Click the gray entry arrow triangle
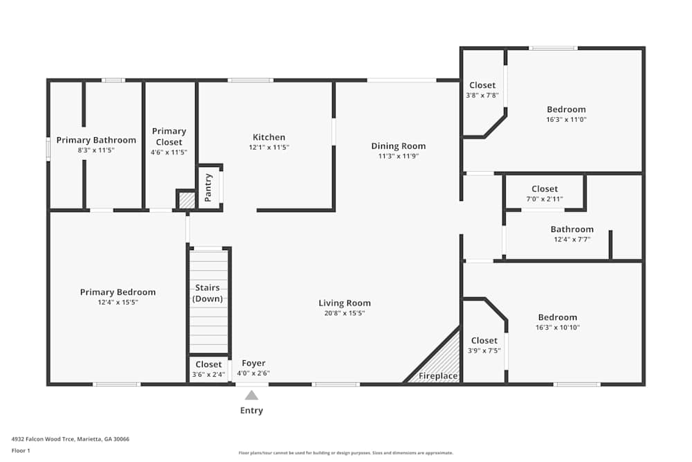point(251,396)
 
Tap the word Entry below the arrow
point(251,411)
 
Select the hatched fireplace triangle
point(443,360)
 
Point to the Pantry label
point(208,187)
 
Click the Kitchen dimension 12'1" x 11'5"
point(268,148)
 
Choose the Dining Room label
point(398,146)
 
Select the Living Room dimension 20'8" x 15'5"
point(345,313)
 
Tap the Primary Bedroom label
point(118,292)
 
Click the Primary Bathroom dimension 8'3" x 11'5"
point(96,150)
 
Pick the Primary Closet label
point(169,136)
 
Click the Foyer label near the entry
point(253,364)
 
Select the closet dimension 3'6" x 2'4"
point(208,375)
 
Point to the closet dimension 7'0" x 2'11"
point(545,199)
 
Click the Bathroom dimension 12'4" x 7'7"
point(572,240)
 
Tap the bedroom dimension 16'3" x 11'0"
point(566,119)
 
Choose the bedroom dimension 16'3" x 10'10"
point(557,328)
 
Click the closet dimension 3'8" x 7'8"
point(482,96)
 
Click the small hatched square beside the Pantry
point(186,200)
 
